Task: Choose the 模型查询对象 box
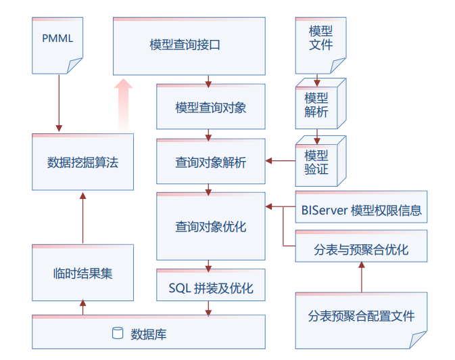pyautogui.click(x=210, y=107)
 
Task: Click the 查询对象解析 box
pyautogui.click(x=210, y=162)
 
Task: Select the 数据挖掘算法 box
pyautogui.click(x=82, y=162)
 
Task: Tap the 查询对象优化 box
pyautogui.click(x=210, y=227)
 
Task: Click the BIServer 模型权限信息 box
pyautogui.click(x=361, y=210)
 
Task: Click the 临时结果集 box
pyautogui.click(x=82, y=273)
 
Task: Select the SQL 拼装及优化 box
pyautogui.click(x=210, y=288)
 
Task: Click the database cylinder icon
pyautogui.click(x=118, y=333)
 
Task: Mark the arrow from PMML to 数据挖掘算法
pyautogui.click(x=59, y=102)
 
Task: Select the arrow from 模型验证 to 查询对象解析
pyautogui.click(x=280, y=161)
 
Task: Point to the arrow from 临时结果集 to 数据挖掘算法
pyautogui.click(x=82, y=217)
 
